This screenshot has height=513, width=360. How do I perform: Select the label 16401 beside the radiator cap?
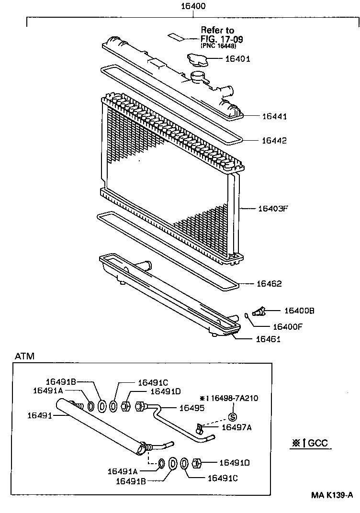click(237, 59)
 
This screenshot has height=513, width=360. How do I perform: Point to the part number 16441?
click(274, 116)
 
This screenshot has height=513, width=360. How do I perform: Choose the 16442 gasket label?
click(274, 141)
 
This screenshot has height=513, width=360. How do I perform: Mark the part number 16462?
click(269, 284)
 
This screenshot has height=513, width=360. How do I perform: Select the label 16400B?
click(299, 311)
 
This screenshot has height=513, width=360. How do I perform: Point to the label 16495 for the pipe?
click(191, 408)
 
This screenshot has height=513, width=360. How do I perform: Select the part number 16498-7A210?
click(232, 398)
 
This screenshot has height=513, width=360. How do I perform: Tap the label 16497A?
click(236, 428)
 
